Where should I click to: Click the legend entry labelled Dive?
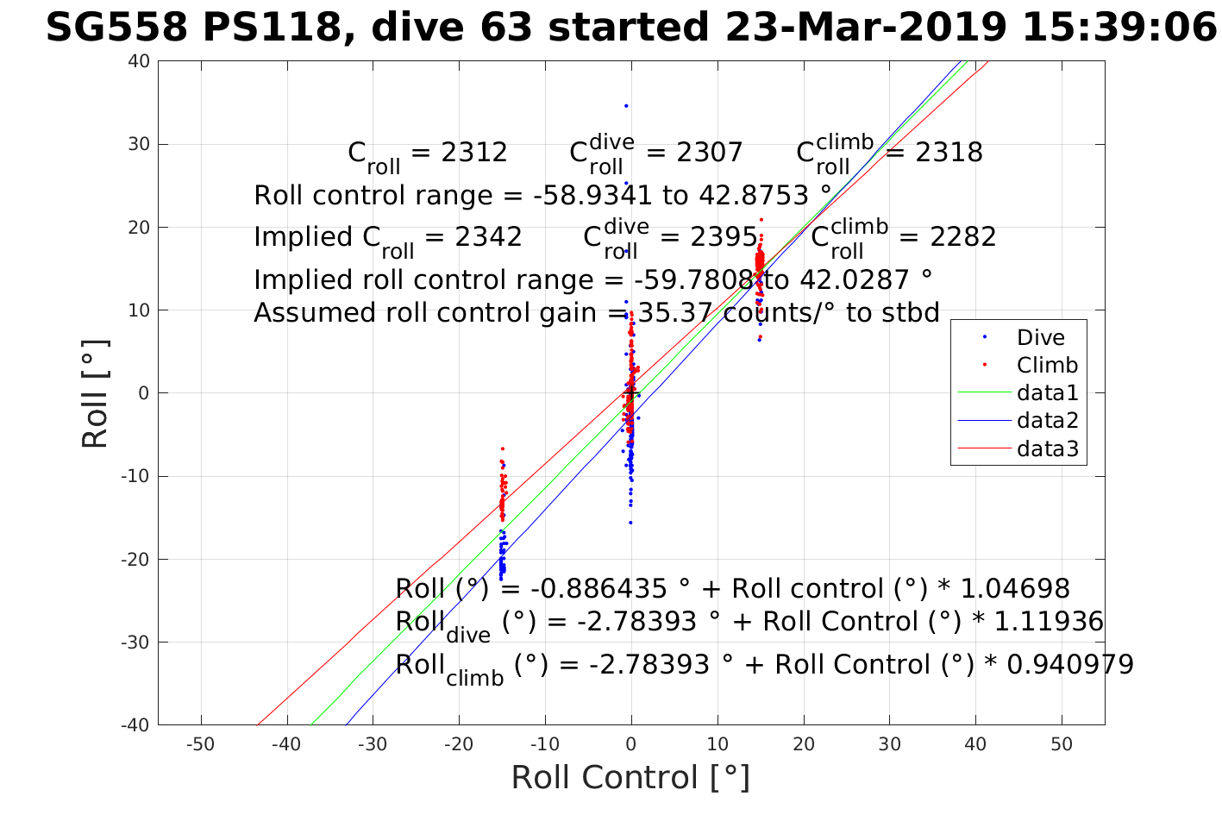1040,338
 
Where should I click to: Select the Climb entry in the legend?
1047,366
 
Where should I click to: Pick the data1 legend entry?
1047,393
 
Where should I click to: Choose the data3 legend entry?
1047,448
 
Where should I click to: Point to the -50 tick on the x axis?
201,744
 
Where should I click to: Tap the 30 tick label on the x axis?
889,744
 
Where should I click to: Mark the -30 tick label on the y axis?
135,643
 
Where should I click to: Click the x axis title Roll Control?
630,778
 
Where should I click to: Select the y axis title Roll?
96,393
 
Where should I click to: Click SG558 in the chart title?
116,28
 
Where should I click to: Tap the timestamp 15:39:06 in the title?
1119,28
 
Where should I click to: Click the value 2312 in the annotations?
473,153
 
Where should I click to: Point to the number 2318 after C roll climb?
949,153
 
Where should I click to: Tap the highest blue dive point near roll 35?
626,106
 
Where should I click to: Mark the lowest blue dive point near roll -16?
630,523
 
